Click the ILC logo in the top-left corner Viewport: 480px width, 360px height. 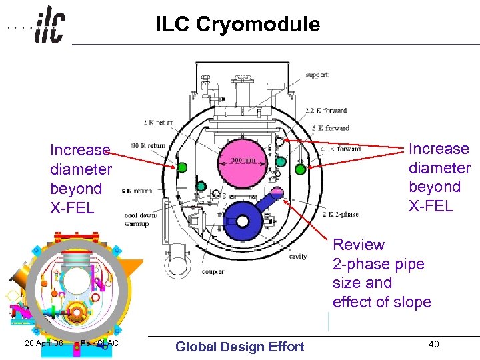coord(50,26)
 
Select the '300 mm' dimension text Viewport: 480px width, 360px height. coord(243,161)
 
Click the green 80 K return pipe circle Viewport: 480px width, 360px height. coord(182,167)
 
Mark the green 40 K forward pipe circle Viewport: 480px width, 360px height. coord(301,169)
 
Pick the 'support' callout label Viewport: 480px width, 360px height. coord(317,75)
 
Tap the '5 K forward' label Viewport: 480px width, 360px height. coord(331,128)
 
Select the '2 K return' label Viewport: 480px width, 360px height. coord(159,123)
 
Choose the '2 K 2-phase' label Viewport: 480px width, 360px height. coord(340,214)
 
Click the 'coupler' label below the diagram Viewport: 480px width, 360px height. coord(212,271)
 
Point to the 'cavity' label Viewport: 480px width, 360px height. coord(297,256)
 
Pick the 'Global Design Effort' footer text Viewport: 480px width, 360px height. coord(239,347)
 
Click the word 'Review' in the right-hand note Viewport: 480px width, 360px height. coord(359,245)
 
